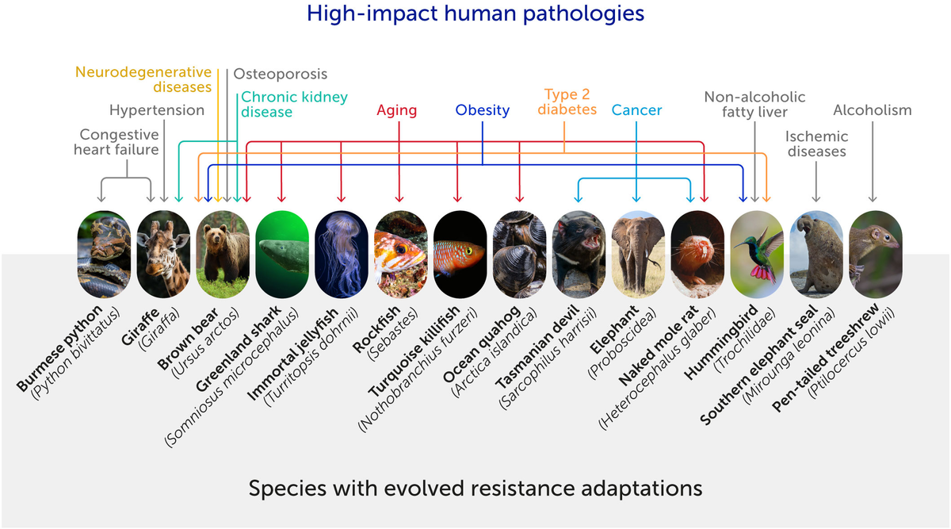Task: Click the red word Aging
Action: (x=397, y=110)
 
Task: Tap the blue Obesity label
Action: (x=482, y=110)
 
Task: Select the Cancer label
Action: (x=636, y=110)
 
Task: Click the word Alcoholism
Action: (x=873, y=110)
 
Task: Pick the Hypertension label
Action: (x=157, y=109)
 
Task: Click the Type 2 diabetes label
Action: (x=567, y=102)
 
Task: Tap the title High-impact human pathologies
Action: (x=475, y=13)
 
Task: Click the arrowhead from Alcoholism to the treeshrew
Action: (x=873, y=199)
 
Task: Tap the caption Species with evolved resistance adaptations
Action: (x=475, y=487)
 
